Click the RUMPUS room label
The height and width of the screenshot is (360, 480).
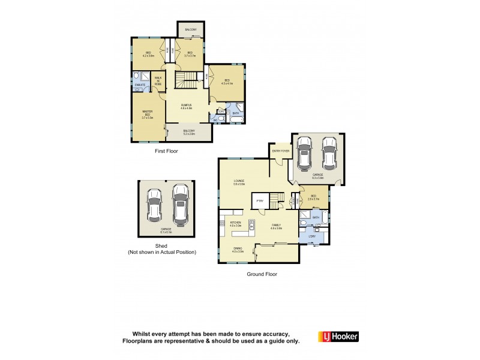point(187,106)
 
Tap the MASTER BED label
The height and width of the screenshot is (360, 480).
point(148,114)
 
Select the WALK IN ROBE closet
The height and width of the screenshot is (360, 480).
point(158,81)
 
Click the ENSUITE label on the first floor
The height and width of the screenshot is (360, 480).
point(140,85)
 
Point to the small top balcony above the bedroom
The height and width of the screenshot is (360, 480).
point(191,29)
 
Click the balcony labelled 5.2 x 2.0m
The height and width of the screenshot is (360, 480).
point(189,132)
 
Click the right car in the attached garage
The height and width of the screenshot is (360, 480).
point(328,154)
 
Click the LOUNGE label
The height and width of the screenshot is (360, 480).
point(239,182)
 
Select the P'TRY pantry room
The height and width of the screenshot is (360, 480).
point(260,201)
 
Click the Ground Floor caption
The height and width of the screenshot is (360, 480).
point(262,274)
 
